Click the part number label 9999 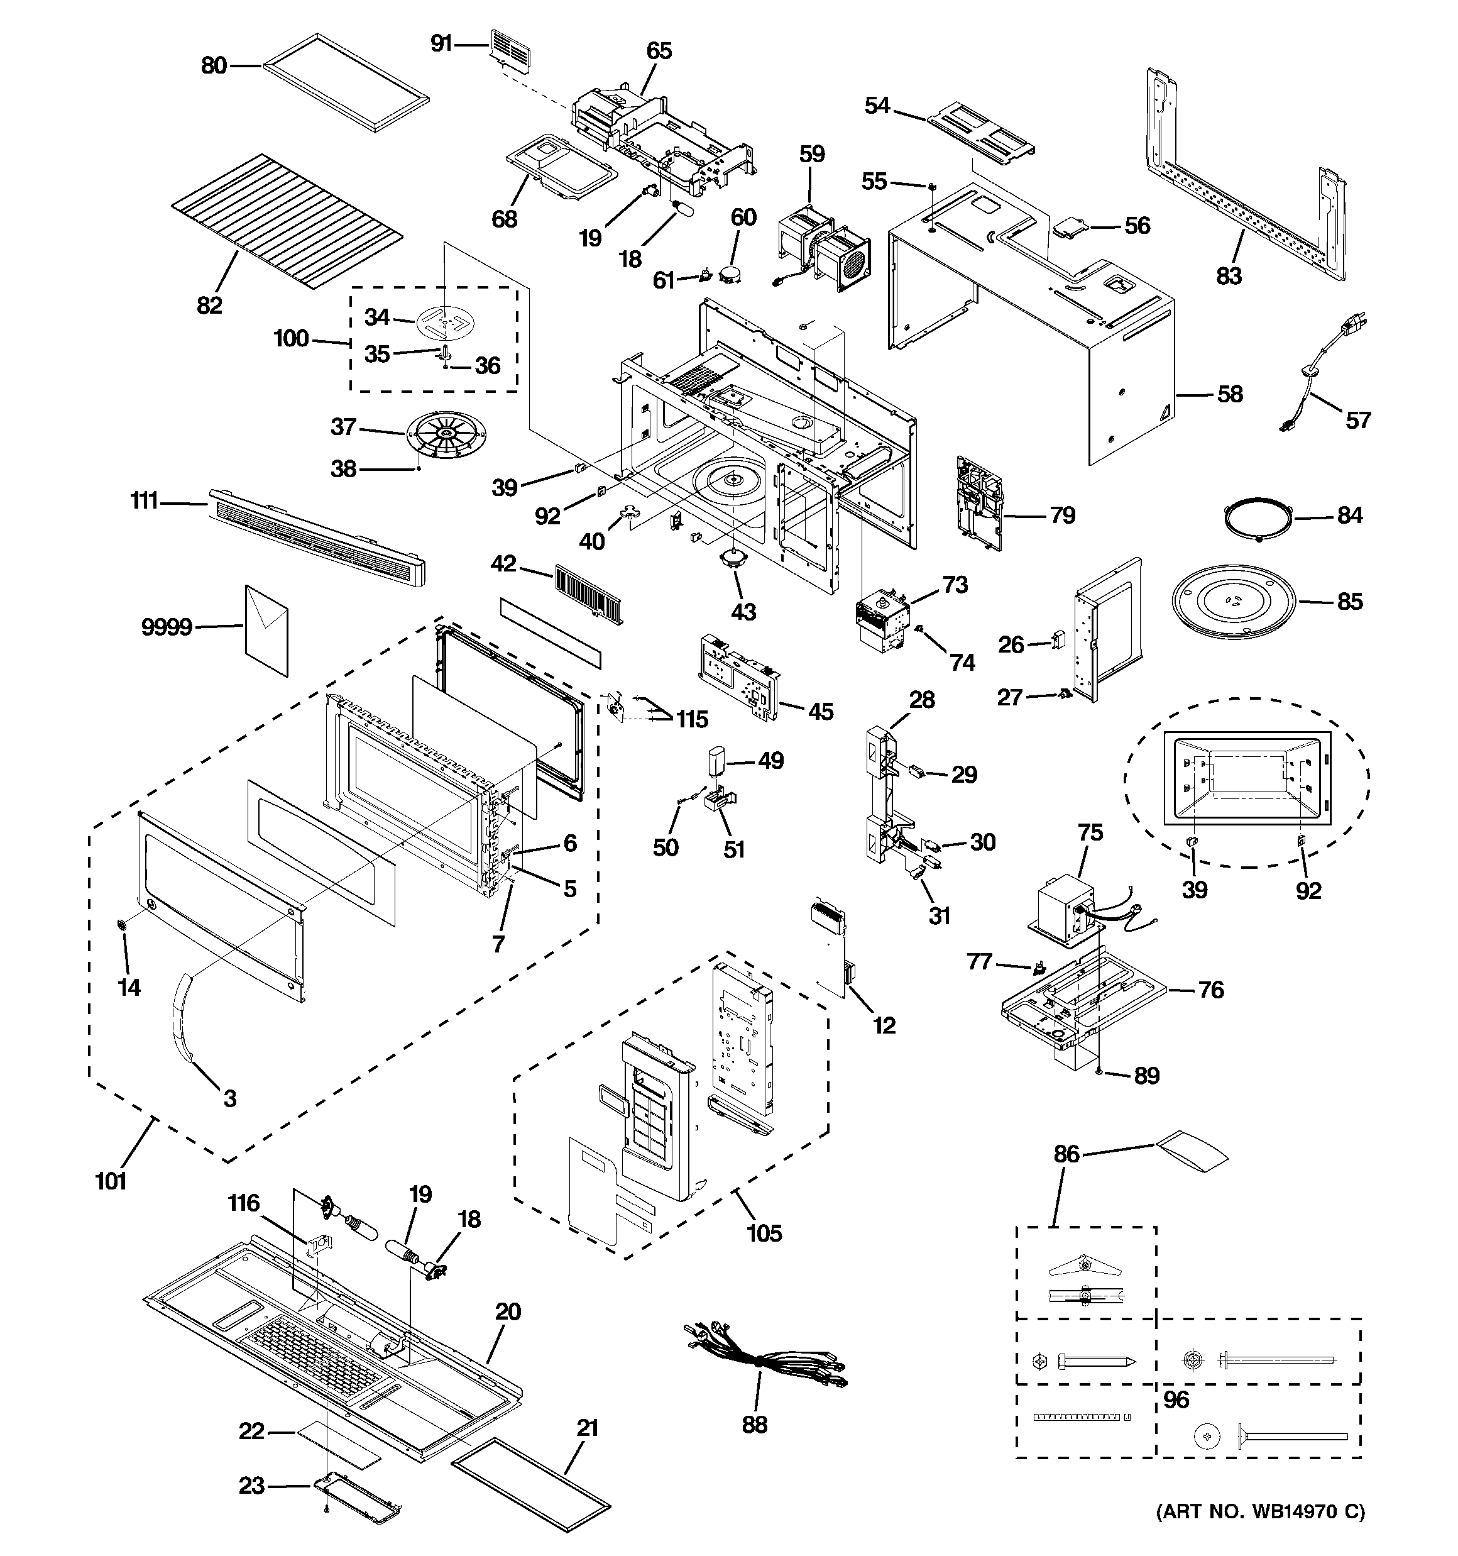[167, 627]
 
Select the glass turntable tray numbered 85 [1234, 602]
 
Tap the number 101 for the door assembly [111, 1181]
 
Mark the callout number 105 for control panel [764, 1233]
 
